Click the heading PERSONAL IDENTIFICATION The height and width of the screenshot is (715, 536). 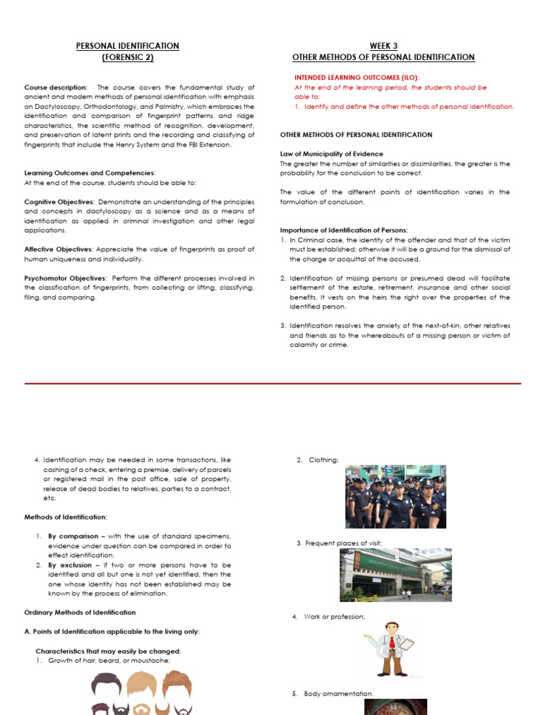pos(128,46)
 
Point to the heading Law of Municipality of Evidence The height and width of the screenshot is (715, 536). pos(332,154)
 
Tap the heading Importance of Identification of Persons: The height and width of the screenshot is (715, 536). pos(344,230)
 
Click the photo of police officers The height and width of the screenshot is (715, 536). pos(396,496)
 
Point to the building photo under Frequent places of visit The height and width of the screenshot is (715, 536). pos(396,575)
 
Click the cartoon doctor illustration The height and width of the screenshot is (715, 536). pos(392,649)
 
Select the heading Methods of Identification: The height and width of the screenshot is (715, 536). pos(66,517)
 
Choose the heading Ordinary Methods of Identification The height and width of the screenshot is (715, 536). pos(80,612)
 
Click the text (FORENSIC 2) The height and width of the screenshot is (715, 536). pos(128,57)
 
